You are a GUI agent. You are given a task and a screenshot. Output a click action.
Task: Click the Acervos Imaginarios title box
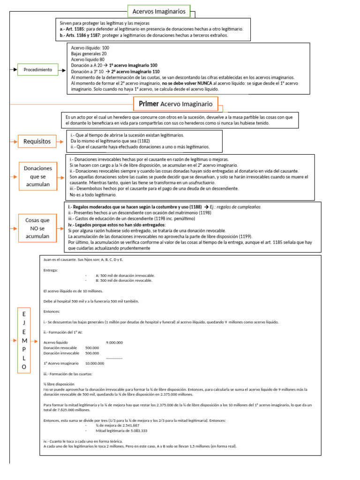point(159,11)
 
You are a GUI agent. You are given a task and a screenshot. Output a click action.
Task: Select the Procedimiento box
point(38,70)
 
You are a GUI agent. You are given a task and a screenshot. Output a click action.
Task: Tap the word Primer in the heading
point(149,104)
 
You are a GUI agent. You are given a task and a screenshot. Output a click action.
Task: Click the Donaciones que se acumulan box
point(37,177)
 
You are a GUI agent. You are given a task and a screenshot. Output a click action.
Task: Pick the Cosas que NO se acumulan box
point(37,228)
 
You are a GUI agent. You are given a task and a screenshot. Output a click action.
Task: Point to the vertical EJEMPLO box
point(24,340)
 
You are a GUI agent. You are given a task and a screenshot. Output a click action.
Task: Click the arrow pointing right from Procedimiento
point(63,70)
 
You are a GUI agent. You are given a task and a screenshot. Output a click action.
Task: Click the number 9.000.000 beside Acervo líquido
point(114,342)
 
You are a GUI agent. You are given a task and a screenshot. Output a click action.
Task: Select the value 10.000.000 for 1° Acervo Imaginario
point(95,363)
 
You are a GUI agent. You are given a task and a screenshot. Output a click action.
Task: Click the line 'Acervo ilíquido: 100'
point(90,48)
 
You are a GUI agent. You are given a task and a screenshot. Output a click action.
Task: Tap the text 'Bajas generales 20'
point(89,53)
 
